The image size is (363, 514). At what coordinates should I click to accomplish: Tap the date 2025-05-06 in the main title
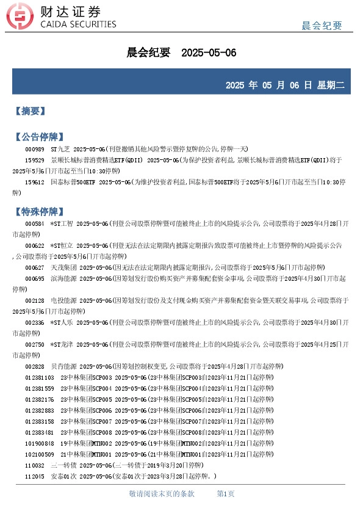click(209, 53)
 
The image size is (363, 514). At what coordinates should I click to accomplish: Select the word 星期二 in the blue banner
click(331, 85)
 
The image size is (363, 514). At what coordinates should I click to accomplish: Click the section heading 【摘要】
click(31, 111)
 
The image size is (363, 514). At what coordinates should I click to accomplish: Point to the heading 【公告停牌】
click(39, 137)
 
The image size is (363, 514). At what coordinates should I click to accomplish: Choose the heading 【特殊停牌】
click(39, 212)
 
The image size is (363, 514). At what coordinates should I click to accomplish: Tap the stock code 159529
click(34, 161)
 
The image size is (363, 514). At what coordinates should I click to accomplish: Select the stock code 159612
click(34, 183)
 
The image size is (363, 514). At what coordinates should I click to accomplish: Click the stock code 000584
click(34, 224)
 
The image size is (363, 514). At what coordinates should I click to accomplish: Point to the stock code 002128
click(34, 301)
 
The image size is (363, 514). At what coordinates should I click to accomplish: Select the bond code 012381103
click(39, 378)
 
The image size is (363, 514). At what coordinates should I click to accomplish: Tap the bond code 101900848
click(39, 444)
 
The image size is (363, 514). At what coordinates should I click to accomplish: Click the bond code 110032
click(34, 466)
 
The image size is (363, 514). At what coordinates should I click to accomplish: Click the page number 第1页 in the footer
click(226, 493)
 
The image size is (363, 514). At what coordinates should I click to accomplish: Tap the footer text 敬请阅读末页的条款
click(162, 493)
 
